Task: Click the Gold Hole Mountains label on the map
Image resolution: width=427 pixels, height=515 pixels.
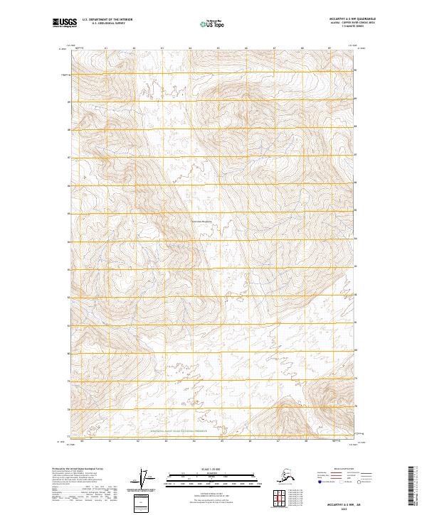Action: point(203,221)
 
